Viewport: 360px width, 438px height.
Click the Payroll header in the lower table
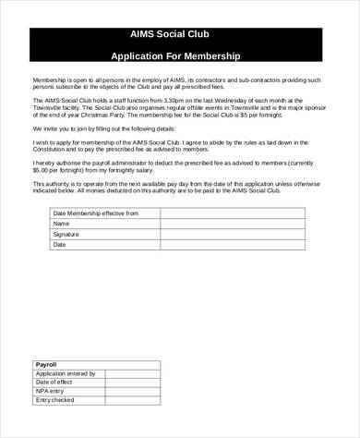(x=46, y=365)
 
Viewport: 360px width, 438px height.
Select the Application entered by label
(x=66, y=373)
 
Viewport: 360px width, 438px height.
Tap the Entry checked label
(x=54, y=400)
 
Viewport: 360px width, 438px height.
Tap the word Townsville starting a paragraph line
(x=50, y=105)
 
